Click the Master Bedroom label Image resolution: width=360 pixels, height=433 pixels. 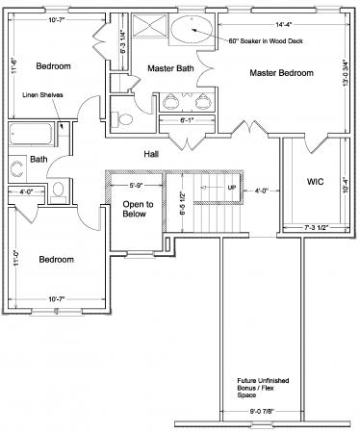tap(281, 73)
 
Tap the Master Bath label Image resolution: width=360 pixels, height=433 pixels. tap(172, 67)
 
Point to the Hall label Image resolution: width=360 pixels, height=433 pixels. tap(151, 153)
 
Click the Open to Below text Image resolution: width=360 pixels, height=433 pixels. tap(134, 210)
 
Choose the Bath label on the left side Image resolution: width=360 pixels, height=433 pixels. tap(39, 159)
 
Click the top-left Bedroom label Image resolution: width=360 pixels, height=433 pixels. tap(53, 66)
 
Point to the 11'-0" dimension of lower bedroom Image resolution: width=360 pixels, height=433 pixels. tap(15, 258)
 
